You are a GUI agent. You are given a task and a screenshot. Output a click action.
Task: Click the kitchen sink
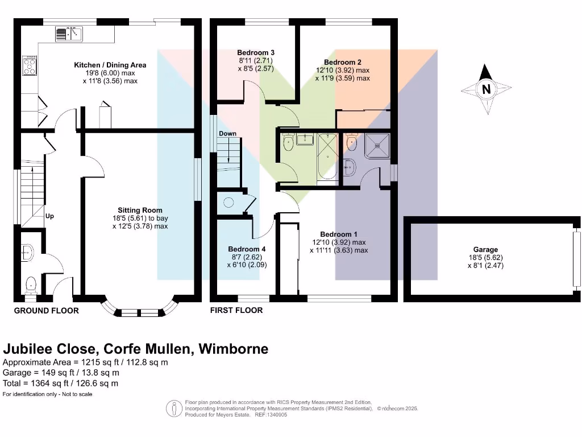click(69, 34)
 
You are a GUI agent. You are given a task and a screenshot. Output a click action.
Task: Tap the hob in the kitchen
click(30, 66)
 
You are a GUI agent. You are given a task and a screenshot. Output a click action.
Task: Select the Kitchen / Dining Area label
click(110, 65)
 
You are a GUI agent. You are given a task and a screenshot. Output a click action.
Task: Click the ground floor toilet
click(32, 282)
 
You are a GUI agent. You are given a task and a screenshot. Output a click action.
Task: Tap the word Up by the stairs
click(50, 217)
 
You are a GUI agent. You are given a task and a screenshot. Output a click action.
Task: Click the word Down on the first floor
click(227, 134)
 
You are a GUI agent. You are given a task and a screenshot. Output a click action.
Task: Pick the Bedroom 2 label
click(343, 62)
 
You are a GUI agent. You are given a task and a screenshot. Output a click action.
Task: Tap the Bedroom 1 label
click(339, 234)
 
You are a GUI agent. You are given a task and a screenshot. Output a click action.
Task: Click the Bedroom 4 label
click(247, 249)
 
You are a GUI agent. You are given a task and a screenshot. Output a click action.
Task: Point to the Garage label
click(485, 249)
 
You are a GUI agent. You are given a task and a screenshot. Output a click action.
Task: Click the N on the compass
click(486, 89)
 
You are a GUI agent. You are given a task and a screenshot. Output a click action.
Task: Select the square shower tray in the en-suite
click(376, 145)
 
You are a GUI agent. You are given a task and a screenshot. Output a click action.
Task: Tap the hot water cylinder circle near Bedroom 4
click(229, 201)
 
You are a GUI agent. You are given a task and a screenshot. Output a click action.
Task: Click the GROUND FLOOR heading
click(46, 311)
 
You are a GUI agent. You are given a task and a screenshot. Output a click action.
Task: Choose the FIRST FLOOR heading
click(236, 311)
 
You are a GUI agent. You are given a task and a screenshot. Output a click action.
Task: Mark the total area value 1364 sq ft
click(46, 383)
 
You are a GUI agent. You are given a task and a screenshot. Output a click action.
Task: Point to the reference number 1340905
click(275, 415)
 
